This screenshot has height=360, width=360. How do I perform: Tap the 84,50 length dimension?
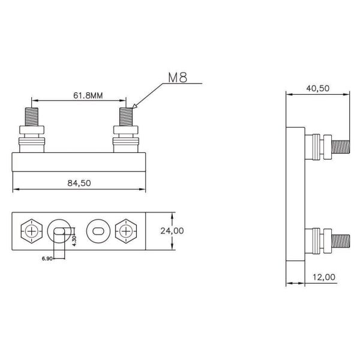[x=79, y=184]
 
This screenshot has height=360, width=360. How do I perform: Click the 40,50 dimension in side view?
[x=318, y=88]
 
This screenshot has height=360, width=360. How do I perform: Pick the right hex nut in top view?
[x=126, y=230]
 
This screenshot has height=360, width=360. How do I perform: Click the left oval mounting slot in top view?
[x=58, y=230]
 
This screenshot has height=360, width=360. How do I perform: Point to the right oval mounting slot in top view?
[x=97, y=230]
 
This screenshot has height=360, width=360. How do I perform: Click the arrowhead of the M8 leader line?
[x=134, y=107]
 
